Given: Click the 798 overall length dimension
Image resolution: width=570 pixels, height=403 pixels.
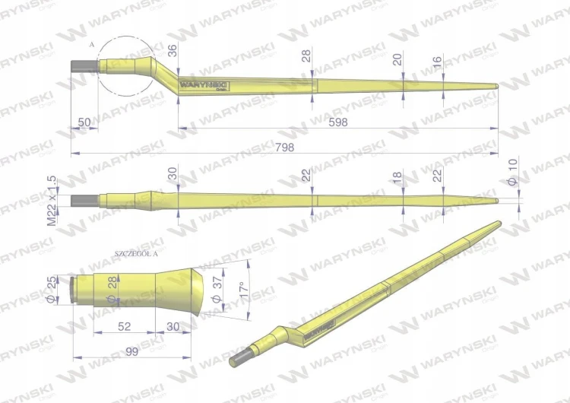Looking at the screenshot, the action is point(285,148).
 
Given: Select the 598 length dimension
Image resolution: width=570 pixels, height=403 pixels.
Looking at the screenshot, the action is point(338,122).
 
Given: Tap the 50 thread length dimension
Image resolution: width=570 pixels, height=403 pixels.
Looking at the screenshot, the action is point(84,122).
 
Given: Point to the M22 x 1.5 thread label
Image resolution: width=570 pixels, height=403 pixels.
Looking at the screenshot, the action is point(52,201).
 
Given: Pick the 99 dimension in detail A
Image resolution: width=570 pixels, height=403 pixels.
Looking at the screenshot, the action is point(132,352).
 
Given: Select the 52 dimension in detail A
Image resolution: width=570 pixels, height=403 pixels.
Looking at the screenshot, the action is point(125,326).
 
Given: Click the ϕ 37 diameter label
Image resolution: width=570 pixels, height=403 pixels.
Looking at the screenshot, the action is point(217,290).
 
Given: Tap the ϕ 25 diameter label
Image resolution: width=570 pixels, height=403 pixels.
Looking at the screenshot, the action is point(52,290).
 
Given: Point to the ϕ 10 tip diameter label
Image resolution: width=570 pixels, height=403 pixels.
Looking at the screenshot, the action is point(512,172).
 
